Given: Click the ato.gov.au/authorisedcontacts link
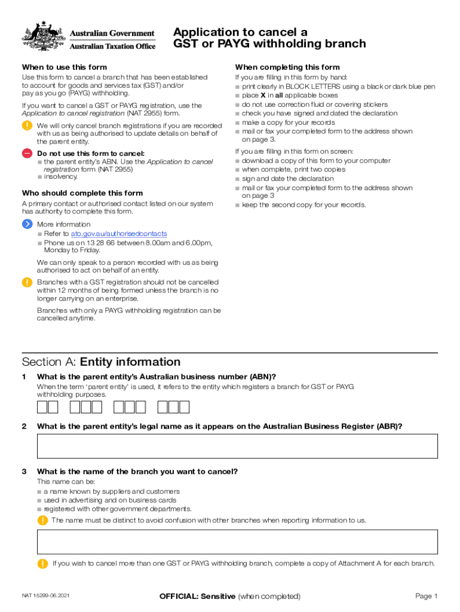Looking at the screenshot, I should tap(119, 234).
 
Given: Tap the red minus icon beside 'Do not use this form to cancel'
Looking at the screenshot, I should tap(27, 154).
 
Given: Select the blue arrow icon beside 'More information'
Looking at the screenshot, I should tap(27, 224).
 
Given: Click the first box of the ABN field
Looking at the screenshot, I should tap(42, 408).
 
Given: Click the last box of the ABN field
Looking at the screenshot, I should tap(184, 408).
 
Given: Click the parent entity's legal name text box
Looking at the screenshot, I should tap(237, 446).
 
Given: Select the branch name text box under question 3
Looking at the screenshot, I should tap(237, 541).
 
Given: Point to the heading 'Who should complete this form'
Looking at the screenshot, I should tap(82, 193).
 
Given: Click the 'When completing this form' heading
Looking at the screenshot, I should tap(287, 68).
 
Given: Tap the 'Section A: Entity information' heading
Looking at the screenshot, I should tap(101, 362).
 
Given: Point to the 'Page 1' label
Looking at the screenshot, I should tap(427, 596).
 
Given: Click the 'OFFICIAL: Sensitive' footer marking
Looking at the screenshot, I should tap(197, 596).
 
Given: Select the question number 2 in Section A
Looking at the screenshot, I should tap(24, 426).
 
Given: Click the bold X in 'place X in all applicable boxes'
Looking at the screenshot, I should tap(262, 96).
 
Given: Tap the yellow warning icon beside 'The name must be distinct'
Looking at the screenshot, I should tap(42, 520).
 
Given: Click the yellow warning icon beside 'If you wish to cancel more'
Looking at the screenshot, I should tap(42, 564).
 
